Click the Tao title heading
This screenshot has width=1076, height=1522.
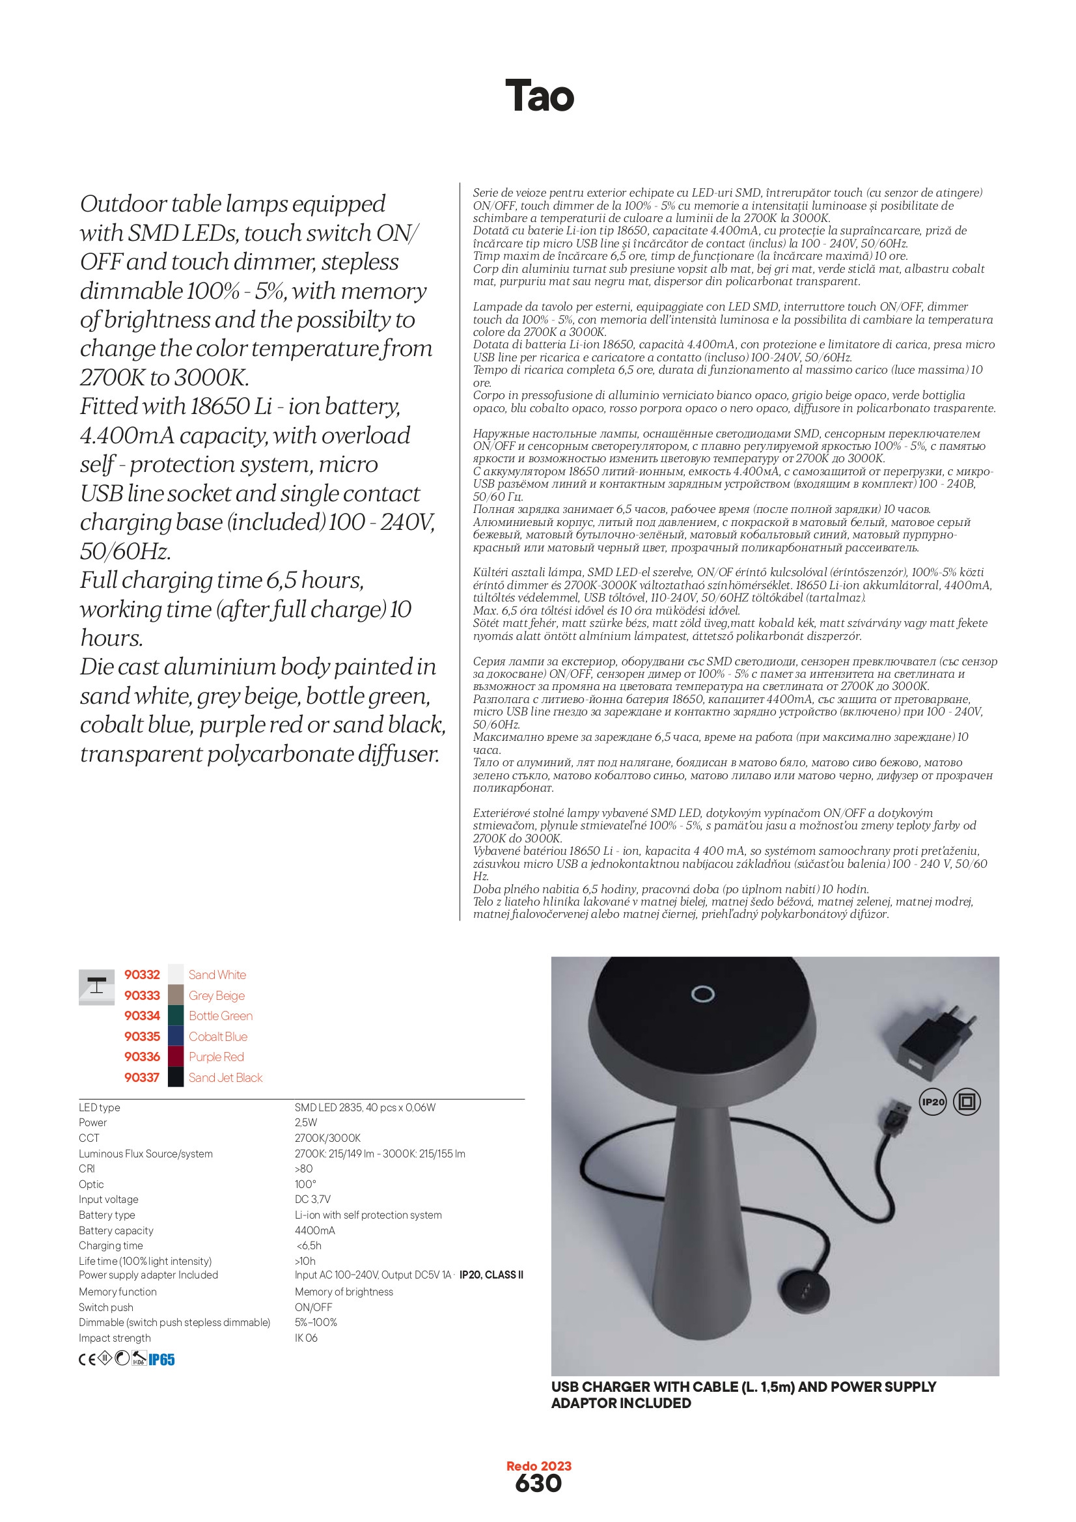click(x=539, y=96)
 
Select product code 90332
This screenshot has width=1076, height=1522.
click(x=142, y=975)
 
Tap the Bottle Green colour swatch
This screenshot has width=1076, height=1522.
click(x=176, y=1016)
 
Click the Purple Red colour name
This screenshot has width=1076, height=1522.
click(x=216, y=1057)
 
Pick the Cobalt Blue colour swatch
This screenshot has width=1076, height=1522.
click(x=176, y=1036)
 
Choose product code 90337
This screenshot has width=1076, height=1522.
click(x=142, y=1077)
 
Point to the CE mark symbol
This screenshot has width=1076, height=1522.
click(x=87, y=1360)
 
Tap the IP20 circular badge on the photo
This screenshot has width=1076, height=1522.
click(x=933, y=1101)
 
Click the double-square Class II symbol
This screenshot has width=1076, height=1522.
click(x=967, y=1101)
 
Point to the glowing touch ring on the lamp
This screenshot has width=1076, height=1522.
click(x=702, y=993)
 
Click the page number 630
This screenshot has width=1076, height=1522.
click(x=538, y=1484)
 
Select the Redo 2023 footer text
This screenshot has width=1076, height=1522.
click(x=538, y=1465)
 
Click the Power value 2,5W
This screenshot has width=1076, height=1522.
click(x=307, y=1122)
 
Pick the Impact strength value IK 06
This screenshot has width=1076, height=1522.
click(x=307, y=1338)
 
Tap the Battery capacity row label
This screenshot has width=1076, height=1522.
click(x=116, y=1230)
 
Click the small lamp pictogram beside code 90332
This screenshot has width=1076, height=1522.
click(x=97, y=986)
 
